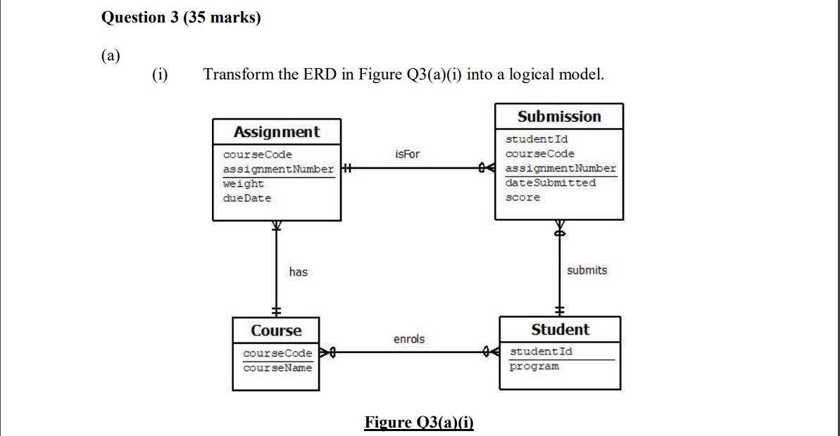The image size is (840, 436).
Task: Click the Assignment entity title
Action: (277, 132)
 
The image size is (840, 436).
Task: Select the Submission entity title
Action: (559, 117)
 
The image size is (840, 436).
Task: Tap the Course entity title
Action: (276, 331)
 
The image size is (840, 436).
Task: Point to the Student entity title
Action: (560, 330)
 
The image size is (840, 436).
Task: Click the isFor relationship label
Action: (408, 154)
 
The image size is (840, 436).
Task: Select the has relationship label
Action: (298, 272)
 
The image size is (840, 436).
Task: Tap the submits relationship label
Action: (587, 271)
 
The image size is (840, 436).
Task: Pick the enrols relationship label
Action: (409, 339)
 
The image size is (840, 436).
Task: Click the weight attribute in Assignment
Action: (244, 184)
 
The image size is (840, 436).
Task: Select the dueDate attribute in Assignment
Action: (247, 198)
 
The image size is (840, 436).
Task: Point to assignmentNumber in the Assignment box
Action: (278, 169)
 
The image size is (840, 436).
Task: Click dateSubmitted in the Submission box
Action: (551, 183)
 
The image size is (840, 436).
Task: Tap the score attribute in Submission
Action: (523, 198)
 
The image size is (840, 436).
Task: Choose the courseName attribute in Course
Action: (277, 368)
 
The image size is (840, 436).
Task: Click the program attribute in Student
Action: (534, 366)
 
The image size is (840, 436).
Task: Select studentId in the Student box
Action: (541, 352)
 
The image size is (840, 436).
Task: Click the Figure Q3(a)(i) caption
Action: (419, 422)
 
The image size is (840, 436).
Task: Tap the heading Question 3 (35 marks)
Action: (181, 18)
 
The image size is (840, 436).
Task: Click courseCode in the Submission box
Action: (540, 154)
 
